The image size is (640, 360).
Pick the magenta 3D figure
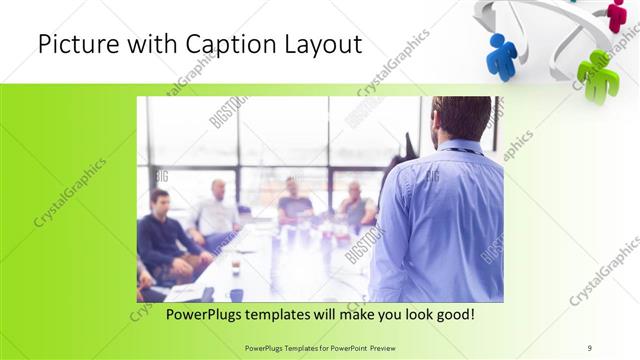617,13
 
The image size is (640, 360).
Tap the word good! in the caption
453,314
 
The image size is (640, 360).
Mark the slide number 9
590,347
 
